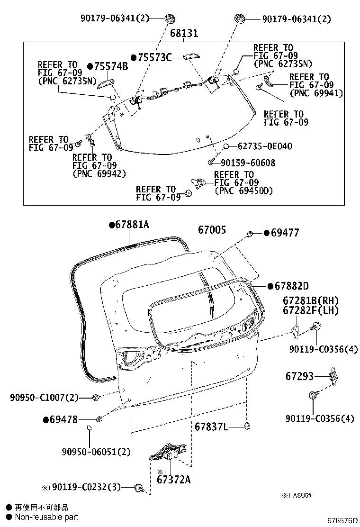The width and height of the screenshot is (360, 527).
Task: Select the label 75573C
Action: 154,57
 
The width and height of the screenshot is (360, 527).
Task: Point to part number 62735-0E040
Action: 265,146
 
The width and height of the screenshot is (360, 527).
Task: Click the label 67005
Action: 212,230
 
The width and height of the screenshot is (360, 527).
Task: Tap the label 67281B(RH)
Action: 311,300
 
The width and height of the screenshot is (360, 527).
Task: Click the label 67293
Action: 299,376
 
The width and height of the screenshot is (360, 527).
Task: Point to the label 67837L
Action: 211,427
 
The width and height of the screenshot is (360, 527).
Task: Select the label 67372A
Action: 173,479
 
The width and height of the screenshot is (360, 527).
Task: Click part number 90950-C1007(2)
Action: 44,397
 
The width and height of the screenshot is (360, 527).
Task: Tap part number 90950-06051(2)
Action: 96,452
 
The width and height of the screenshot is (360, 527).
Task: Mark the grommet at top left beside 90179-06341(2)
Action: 169,19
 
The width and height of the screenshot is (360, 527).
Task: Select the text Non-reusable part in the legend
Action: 46,517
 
